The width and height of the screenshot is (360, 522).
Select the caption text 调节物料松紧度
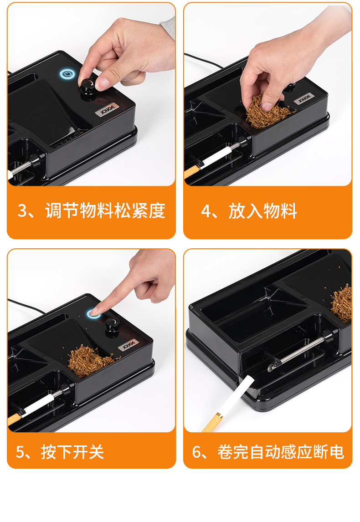tap(105, 211)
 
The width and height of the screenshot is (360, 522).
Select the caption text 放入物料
tap(263, 211)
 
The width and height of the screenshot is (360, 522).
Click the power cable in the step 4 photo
tap(202, 60)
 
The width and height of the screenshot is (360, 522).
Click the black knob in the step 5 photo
tap(111, 324)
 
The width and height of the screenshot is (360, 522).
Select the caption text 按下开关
tap(72, 452)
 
